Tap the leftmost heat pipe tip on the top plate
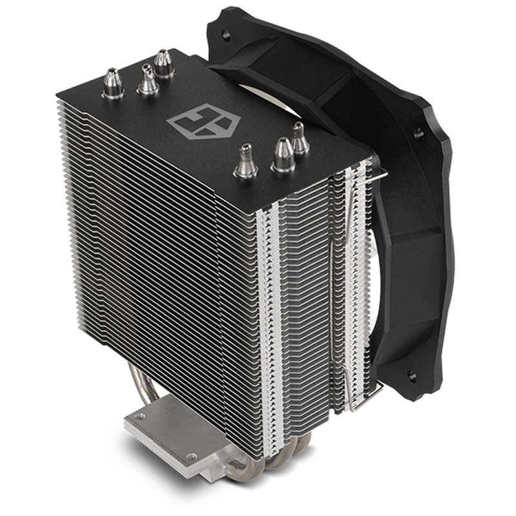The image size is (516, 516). [x=114, y=84]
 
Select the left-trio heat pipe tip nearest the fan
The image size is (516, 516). [x=164, y=63]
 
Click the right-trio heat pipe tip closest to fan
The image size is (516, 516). [x=299, y=137]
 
